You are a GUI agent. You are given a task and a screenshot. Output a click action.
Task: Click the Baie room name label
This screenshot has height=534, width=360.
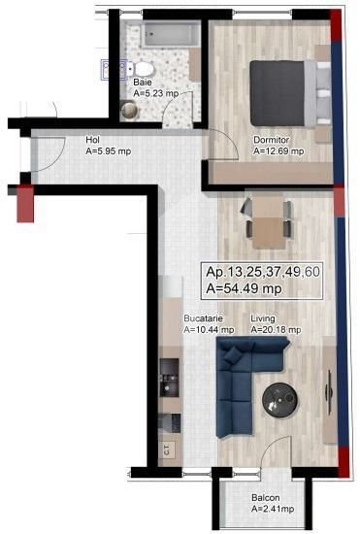[142, 83]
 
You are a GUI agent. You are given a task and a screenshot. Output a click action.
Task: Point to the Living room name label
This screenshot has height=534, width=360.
[263, 318]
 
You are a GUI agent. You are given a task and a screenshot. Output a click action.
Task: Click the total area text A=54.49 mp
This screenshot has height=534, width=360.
[244, 288]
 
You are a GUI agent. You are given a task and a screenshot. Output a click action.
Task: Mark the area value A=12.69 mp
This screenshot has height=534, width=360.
[278, 151]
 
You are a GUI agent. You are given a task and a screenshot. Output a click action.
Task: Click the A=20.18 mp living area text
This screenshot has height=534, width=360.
[276, 330]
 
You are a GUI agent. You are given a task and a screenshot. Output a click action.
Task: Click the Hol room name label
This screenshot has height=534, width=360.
[93, 140]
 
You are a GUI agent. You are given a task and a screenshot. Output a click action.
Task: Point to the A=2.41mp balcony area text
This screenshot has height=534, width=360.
[272, 510]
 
